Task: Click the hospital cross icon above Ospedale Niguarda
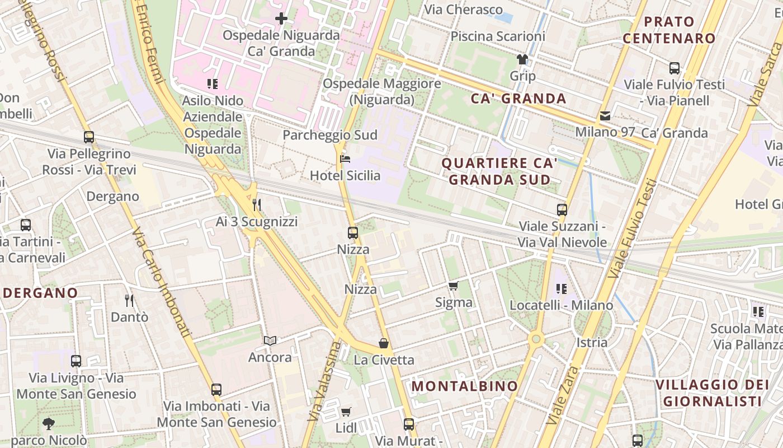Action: point(281,19)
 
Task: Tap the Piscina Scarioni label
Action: point(497,36)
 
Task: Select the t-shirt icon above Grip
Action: point(522,59)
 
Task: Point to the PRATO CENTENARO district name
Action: point(669,30)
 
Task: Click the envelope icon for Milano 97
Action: point(605,116)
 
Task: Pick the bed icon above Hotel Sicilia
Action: point(345,160)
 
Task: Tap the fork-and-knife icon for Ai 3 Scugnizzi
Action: point(257,205)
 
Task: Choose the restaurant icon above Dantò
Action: point(129,301)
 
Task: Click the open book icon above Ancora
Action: point(270,340)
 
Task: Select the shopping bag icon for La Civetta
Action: point(384,343)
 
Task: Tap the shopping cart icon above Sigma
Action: point(454,286)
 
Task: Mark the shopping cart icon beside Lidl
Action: point(346,412)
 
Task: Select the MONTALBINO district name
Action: point(465,386)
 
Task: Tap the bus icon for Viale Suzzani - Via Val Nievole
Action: point(562,211)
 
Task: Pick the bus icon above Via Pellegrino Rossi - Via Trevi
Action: point(88,137)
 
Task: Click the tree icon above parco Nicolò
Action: point(49,424)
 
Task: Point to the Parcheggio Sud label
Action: point(330,135)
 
